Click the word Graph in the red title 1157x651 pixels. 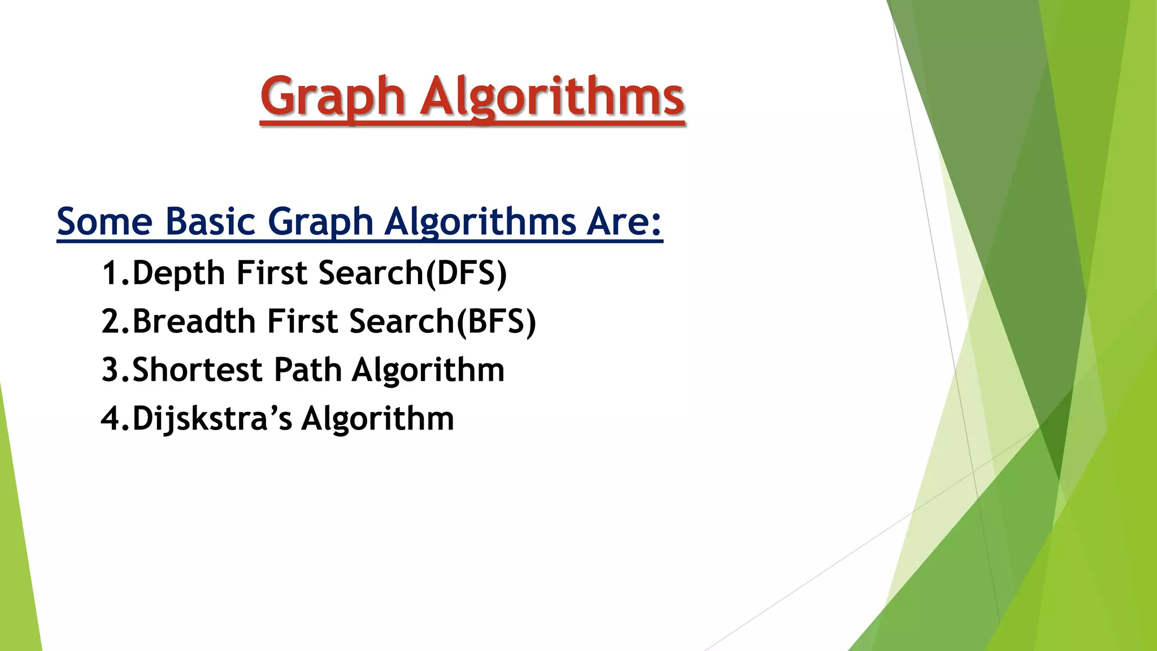point(332,97)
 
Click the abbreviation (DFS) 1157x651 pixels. point(466,274)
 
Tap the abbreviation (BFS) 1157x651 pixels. point(496,322)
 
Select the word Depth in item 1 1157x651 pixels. point(179,274)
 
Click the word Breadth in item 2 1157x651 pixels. point(194,322)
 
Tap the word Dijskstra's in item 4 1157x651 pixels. point(212,419)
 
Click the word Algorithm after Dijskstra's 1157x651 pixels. point(377,419)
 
